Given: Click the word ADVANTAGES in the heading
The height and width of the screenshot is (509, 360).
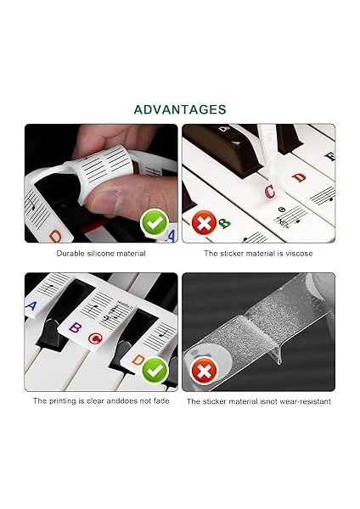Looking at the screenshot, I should (x=180, y=109).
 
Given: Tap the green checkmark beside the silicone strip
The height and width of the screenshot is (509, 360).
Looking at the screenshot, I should (x=153, y=224).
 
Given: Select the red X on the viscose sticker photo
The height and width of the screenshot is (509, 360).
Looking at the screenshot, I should (x=202, y=224).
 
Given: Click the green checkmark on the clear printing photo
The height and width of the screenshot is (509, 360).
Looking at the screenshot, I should (x=153, y=370).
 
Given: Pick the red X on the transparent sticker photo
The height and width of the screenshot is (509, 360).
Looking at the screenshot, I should (x=202, y=370).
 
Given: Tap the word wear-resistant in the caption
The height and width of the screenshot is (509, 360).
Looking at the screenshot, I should (x=304, y=400).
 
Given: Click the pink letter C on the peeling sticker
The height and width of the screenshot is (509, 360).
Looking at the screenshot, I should (x=270, y=192).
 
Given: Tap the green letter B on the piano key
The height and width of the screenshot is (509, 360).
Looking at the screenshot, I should (x=224, y=224).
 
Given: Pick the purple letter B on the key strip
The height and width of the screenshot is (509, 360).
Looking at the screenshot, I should (x=74, y=327).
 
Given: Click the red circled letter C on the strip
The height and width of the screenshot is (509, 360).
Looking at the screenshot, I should (x=95, y=340).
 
